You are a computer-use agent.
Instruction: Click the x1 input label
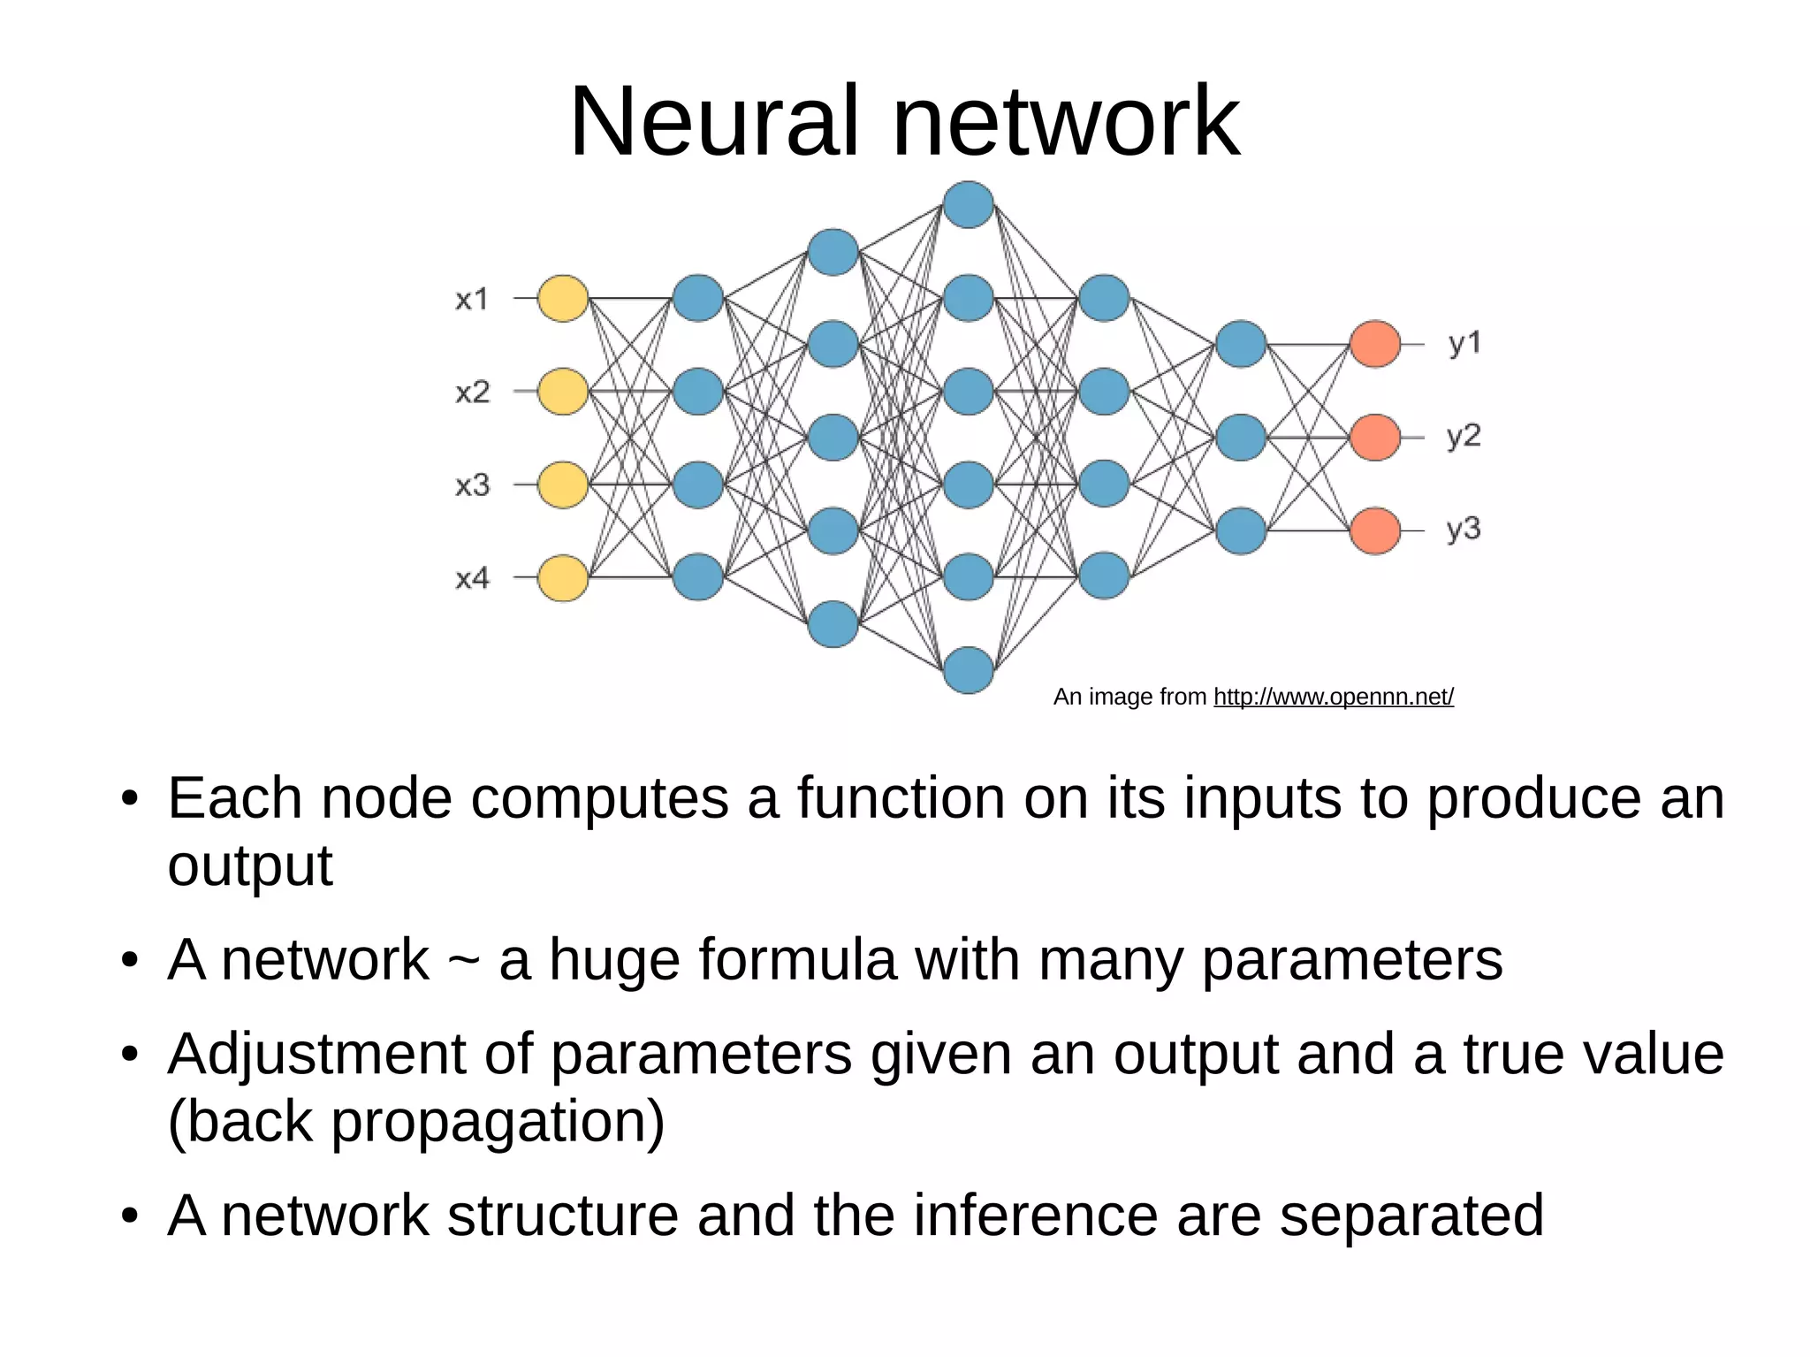click(472, 300)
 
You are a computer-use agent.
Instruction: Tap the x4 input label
click(472, 578)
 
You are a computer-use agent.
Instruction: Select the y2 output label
click(1464, 436)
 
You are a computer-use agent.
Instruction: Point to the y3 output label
click(1464, 529)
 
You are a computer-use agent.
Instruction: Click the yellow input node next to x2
click(563, 392)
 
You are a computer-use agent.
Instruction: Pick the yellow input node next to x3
click(563, 484)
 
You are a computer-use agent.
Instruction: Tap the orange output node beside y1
click(1375, 344)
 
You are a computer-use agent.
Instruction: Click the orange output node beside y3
click(1375, 530)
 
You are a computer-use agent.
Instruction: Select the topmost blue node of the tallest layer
click(969, 205)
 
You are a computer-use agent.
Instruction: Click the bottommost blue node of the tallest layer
click(969, 670)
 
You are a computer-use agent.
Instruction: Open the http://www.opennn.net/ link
click(1333, 698)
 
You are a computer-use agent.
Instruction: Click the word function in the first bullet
click(901, 798)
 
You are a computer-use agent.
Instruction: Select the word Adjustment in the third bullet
click(316, 1056)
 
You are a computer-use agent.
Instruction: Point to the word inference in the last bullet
click(1034, 1216)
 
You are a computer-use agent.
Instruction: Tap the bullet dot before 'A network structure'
click(131, 1217)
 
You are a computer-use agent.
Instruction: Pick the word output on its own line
click(249, 866)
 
